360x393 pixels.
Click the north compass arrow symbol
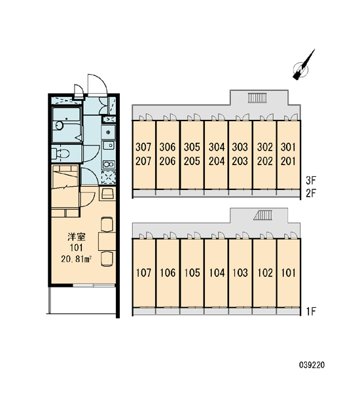tap(303, 65)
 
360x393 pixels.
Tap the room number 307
tap(143, 147)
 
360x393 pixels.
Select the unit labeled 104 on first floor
tap(217, 272)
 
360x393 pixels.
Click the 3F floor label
tap(311, 180)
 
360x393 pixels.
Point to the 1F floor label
tap(311, 312)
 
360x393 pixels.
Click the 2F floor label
tap(311, 193)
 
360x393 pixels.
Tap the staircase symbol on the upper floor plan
tap(257, 98)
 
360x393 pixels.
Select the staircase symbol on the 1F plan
tap(262, 215)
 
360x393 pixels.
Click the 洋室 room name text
tap(77, 236)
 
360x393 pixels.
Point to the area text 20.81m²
tap(76, 259)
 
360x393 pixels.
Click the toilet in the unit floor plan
tap(60, 154)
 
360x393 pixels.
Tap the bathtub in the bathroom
tap(66, 125)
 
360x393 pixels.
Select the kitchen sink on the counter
tap(108, 145)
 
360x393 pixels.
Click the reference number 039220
tap(312, 365)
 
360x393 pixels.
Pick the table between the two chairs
tap(107, 241)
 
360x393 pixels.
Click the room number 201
tap(289, 161)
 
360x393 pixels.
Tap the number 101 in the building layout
tap(289, 272)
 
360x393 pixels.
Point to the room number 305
tap(192, 147)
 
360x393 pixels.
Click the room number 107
tap(143, 272)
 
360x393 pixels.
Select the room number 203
tap(240, 161)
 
